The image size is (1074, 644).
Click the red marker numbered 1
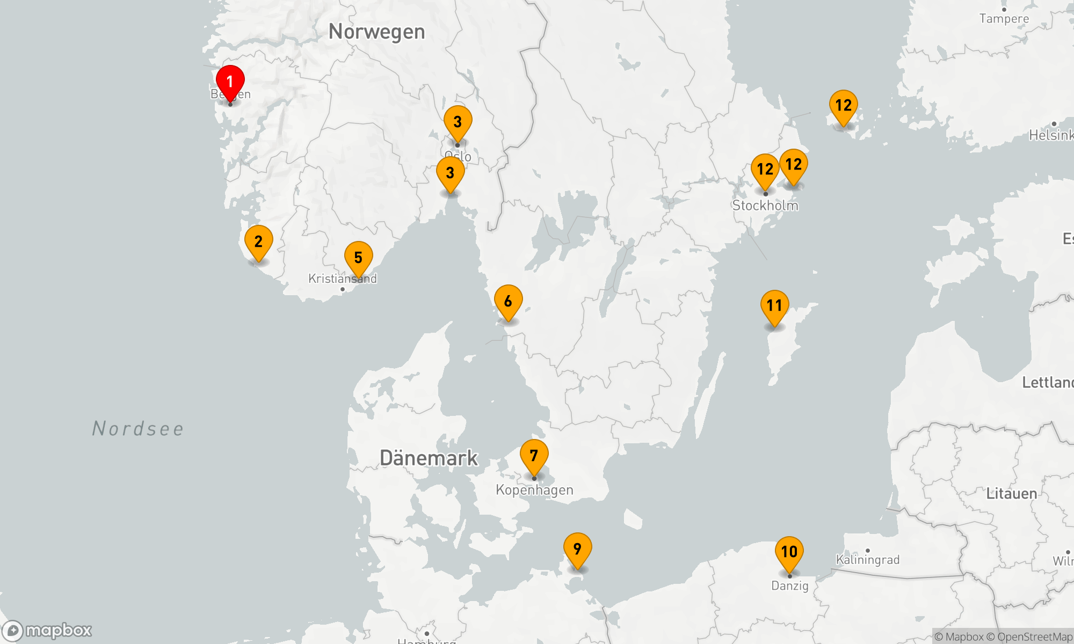pyautogui.click(x=230, y=82)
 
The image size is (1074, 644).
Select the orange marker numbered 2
pyautogui.click(x=258, y=242)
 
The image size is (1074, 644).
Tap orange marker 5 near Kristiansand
pyautogui.click(x=358, y=258)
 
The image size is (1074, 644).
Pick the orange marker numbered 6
pyautogui.click(x=508, y=302)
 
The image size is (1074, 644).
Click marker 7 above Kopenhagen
pyautogui.click(x=534, y=456)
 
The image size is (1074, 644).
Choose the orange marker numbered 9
pyautogui.click(x=577, y=550)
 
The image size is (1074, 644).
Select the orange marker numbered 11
pyautogui.click(x=774, y=306)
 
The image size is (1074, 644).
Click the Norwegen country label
pyautogui.click(x=376, y=32)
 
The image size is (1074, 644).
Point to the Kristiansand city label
pyautogui.click(x=342, y=279)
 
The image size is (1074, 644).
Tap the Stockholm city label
pyautogui.click(x=765, y=206)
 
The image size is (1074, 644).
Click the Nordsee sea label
pyautogui.click(x=138, y=429)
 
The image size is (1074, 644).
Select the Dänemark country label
pyautogui.click(x=429, y=458)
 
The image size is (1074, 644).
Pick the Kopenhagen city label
pyautogui.click(x=534, y=490)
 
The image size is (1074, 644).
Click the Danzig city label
pyautogui.click(x=789, y=586)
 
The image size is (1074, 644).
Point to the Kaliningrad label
pyautogui.click(x=867, y=560)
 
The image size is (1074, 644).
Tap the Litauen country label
pyautogui.click(x=1011, y=494)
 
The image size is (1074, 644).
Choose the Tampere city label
pyautogui.click(x=1004, y=19)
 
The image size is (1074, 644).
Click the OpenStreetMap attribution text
pyautogui.click(x=1034, y=637)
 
